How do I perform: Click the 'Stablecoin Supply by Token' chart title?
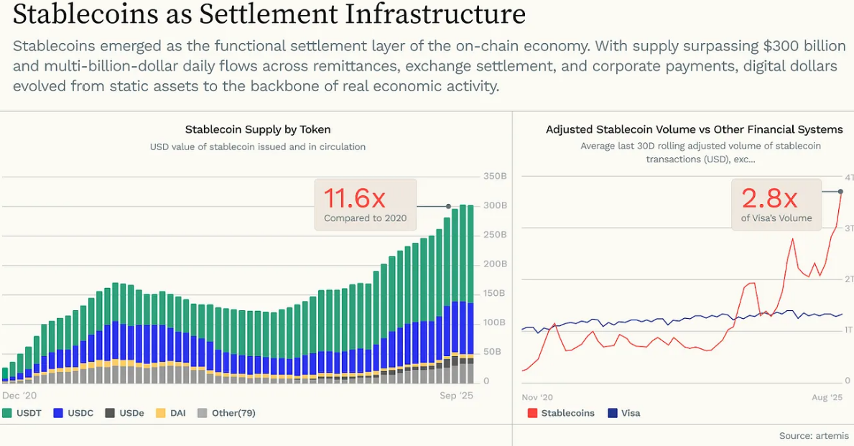(258, 130)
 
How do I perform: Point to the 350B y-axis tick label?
(496, 176)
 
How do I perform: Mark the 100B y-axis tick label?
(496, 323)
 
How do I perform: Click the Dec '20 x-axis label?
(19, 396)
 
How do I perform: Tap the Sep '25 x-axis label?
(457, 396)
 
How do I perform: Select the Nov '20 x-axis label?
(537, 397)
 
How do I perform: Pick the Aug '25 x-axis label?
(827, 397)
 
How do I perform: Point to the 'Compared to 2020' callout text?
(365, 218)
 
